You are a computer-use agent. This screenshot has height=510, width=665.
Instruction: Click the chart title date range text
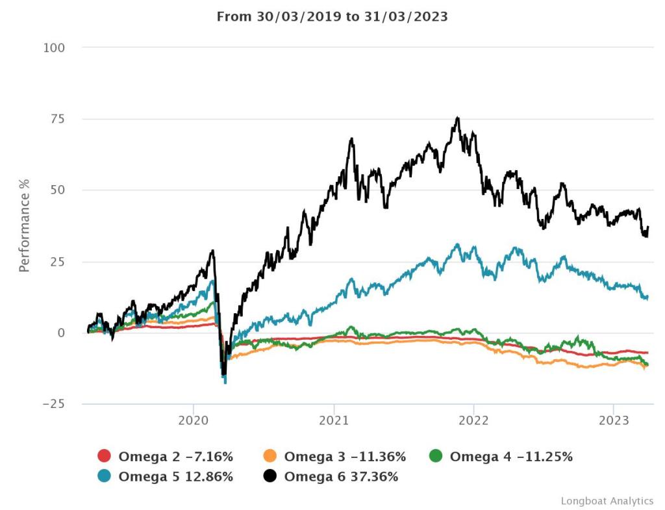(x=332, y=17)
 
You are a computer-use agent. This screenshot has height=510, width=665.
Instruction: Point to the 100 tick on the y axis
(x=55, y=47)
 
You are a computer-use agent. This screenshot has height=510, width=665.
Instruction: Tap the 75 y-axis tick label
(x=58, y=119)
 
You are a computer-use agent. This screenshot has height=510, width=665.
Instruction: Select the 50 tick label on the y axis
(x=58, y=190)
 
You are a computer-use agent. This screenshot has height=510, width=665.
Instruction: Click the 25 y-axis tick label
(x=58, y=262)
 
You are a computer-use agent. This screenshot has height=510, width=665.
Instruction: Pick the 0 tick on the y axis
(x=62, y=333)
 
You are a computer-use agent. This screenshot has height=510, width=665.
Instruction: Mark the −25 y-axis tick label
(x=53, y=404)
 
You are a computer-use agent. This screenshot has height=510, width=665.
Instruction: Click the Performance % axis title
(x=25, y=224)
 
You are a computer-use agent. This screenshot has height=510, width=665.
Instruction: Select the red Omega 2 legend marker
(x=104, y=457)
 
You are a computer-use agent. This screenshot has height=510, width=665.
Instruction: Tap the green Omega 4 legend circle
(x=436, y=457)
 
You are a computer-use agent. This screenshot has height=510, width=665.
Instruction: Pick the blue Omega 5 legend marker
(x=104, y=476)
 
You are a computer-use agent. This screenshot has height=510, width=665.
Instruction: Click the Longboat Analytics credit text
(x=607, y=501)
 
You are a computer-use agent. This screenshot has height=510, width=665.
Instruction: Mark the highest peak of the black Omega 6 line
(x=458, y=118)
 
